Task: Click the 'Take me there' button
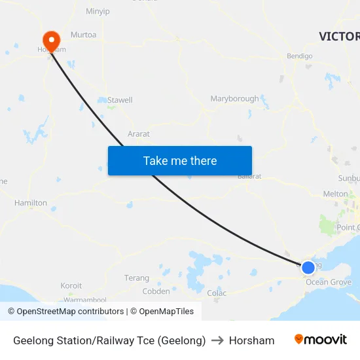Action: [179, 160]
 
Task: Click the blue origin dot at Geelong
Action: [308, 267]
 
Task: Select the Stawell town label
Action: [120, 100]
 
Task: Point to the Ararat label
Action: [139, 134]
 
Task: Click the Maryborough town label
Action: [234, 99]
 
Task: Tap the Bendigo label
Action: [299, 56]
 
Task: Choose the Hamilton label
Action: [31, 203]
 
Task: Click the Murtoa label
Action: [83, 35]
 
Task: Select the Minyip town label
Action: [98, 11]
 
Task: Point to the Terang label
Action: [137, 278]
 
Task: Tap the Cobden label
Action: [156, 291]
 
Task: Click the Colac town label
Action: [217, 293]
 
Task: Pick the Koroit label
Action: [71, 286]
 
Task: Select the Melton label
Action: [336, 194]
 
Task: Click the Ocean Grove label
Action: [329, 283]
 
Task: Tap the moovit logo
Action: [321, 340]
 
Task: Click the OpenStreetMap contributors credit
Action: [66, 312]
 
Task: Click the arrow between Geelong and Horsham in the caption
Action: [217, 340]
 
